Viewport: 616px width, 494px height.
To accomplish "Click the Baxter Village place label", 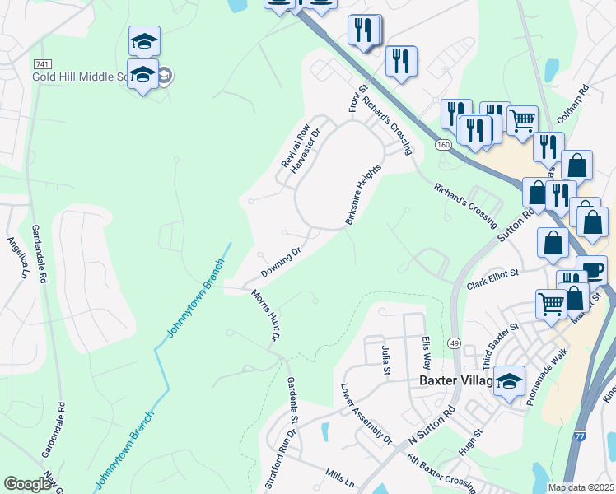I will [x=455, y=381].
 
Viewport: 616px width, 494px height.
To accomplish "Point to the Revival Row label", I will [x=295, y=146].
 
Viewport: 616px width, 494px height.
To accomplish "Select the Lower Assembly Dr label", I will [x=366, y=413].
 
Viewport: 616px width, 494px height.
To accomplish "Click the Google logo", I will [x=28, y=484].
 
